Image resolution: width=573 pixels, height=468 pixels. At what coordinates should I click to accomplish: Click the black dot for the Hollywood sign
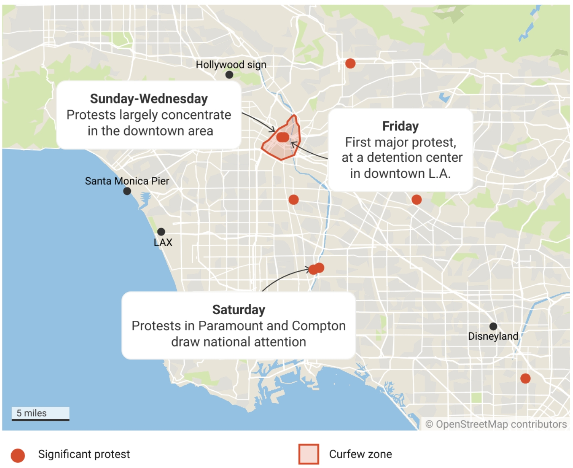click(x=229, y=75)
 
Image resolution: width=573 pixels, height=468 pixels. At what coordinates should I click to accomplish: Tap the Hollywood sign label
click(x=231, y=64)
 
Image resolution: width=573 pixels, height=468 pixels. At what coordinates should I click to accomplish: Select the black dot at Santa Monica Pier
click(x=127, y=191)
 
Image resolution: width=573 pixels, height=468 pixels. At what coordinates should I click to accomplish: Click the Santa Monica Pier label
click(x=127, y=181)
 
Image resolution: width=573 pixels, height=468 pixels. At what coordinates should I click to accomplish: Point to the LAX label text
click(x=163, y=242)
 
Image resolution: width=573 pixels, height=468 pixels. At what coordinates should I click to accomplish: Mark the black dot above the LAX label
click(x=161, y=232)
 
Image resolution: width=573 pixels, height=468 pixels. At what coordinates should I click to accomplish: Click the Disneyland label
click(x=493, y=336)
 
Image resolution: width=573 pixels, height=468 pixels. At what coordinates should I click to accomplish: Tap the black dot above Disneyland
click(x=493, y=326)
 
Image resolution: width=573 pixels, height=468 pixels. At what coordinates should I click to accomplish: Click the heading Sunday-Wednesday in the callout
click(x=149, y=99)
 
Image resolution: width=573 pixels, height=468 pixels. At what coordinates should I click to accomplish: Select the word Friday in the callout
click(x=400, y=126)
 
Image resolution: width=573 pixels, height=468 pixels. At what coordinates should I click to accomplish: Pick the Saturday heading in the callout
click(x=239, y=309)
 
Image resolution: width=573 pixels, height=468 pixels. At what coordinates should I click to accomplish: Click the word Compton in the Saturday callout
click(x=319, y=326)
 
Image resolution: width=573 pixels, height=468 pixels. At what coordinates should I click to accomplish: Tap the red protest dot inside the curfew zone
click(x=283, y=137)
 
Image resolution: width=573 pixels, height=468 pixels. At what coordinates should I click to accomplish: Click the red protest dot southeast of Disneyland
click(x=525, y=378)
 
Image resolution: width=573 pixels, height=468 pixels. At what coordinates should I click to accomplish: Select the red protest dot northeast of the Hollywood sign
click(x=350, y=63)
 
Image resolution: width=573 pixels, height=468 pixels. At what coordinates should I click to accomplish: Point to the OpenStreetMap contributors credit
click(x=496, y=424)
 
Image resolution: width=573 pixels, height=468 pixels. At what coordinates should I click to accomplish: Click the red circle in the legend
click(x=18, y=456)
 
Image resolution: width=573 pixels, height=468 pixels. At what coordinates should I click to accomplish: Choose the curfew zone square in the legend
click(x=309, y=454)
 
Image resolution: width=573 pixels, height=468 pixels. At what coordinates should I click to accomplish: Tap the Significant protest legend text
click(x=84, y=454)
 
